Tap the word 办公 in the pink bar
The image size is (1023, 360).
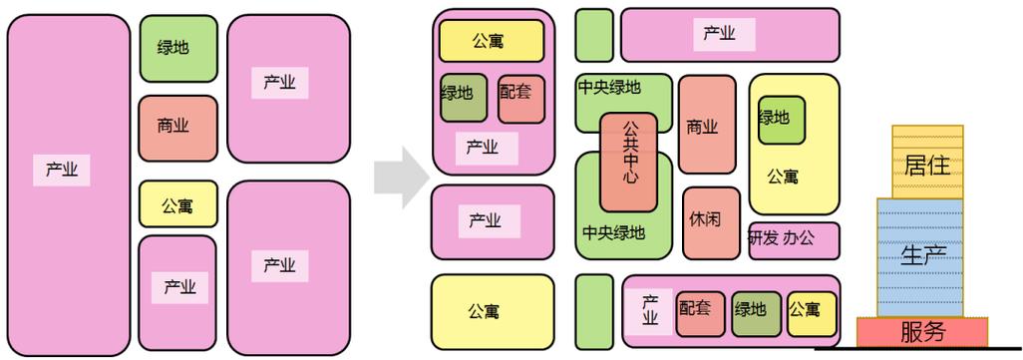tap(798, 239)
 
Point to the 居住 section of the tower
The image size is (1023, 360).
tap(926, 163)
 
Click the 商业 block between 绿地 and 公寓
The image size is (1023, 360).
tap(177, 127)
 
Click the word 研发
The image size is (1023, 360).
tap(763, 239)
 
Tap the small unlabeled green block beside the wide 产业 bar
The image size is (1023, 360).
tap(594, 35)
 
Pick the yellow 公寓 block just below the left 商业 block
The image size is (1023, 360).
tap(177, 205)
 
